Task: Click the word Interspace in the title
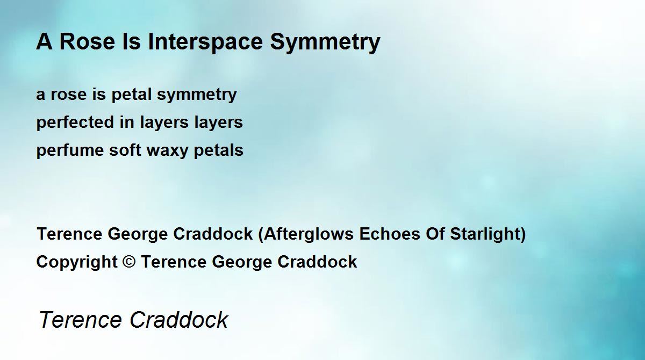[x=205, y=42]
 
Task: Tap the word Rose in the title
[x=87, y=42]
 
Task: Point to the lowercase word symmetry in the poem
[x=197, y=95]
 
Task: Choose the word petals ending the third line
[x=218, y=151]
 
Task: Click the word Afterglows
[x=309, y=234]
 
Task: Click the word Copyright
[x=77, y=262]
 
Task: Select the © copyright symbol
[x=129, y=262]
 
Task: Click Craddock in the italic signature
[x=179, y=320]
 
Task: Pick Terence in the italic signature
[x=80, y=320]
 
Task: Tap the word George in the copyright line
[x=242, y=262]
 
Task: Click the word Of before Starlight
[x=435, y=234]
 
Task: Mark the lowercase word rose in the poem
[x=69, y=95]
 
